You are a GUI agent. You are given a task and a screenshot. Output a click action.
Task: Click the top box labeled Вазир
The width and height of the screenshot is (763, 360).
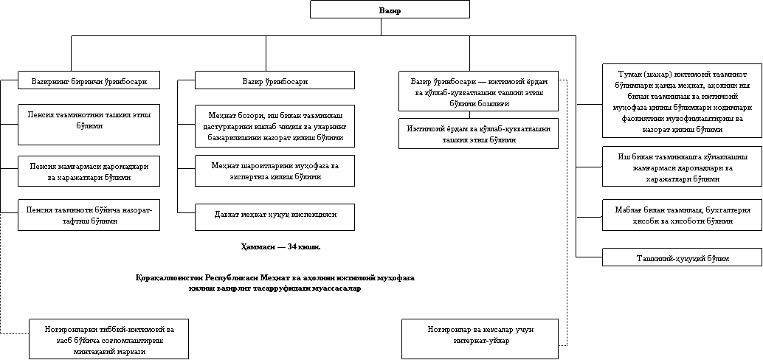coord(390,9)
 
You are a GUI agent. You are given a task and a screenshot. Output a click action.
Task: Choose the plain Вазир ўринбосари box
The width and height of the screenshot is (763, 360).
coord(275,80)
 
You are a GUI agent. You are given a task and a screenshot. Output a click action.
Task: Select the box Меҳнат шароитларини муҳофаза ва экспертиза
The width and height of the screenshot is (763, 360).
coord(275,171)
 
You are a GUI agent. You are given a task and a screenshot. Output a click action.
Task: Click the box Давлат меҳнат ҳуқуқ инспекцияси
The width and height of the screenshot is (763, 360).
coord(275,215)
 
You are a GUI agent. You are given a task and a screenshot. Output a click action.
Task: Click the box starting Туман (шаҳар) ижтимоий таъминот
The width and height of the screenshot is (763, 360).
coord(682,102)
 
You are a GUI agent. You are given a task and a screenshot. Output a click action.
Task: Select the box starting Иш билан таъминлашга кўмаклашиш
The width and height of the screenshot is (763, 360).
coord(682,167)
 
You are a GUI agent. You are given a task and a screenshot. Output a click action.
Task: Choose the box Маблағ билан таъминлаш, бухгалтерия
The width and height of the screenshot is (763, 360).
coord(682,215)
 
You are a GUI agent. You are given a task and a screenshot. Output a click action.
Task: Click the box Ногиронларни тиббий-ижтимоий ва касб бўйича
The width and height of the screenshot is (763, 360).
coord(108,340)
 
